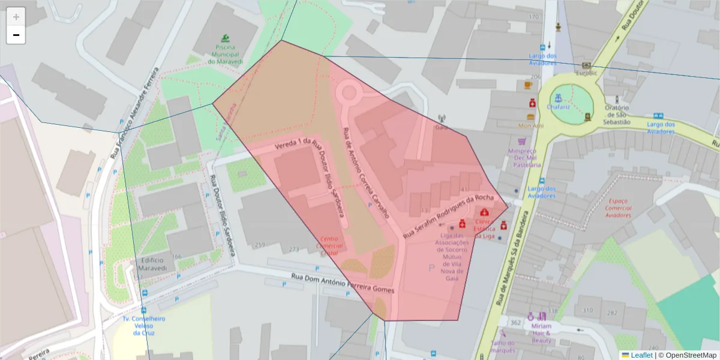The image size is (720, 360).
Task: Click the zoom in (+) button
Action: point(16,17)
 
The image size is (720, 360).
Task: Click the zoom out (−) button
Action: point(16,35)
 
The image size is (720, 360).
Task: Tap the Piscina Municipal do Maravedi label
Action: point(226,55)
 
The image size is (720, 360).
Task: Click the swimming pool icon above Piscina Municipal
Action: point(225,38)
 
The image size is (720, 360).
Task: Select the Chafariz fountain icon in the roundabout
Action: point(559,97)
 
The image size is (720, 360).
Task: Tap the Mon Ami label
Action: point(531,126)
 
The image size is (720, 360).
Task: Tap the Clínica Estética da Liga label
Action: point(485,229)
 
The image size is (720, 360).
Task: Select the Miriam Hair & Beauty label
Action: point(541,333)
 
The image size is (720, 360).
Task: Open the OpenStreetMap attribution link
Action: point(687,355)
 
